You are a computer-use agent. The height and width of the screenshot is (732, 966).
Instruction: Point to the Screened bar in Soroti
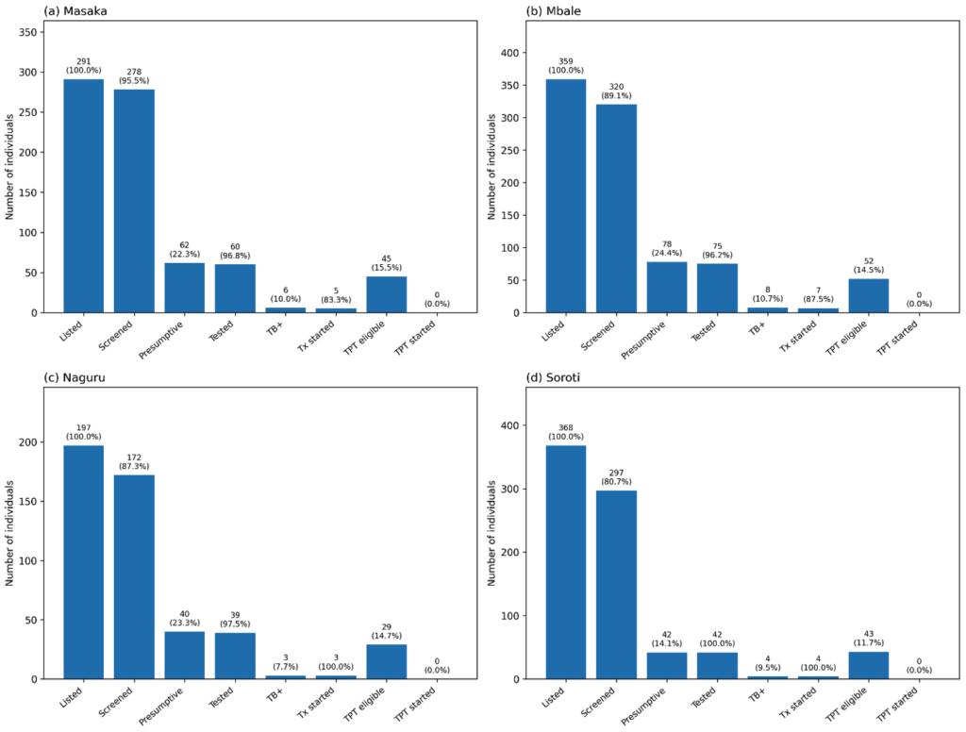coord(616,585)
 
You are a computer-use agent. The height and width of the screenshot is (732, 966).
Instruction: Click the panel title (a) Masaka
coord(79,10)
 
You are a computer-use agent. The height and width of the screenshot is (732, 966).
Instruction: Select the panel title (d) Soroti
coord(562,377)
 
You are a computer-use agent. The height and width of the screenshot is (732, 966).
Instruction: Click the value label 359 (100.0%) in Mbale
coord(566,66)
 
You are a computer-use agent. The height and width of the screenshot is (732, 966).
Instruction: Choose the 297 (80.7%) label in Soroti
coord(616,478)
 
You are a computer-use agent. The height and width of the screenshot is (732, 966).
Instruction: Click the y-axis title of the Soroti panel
coord(491,533)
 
